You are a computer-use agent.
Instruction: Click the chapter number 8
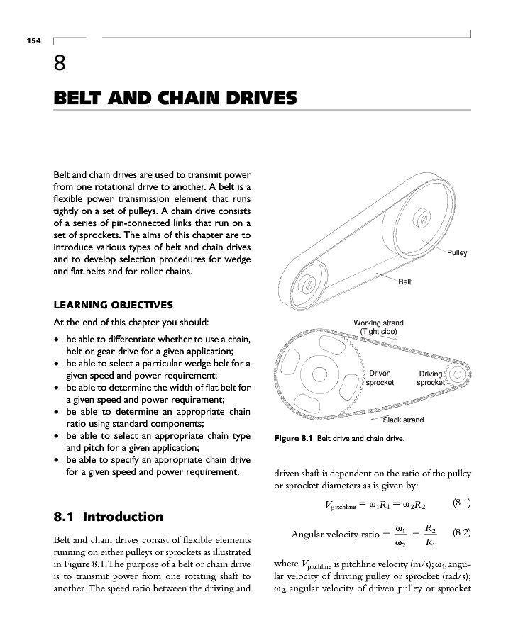point(61,65)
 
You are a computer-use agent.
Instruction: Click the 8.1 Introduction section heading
point(109,517)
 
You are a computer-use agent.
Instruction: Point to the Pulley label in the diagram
point(457,253)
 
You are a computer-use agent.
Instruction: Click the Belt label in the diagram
point(404,281)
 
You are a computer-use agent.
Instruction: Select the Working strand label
point(378,327)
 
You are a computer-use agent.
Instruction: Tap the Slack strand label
point(403,420)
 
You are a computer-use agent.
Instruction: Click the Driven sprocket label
point(379,378)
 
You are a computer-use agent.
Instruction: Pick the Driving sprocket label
point(431,378)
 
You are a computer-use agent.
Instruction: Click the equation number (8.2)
point(461,530)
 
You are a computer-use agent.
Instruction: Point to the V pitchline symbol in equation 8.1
point(339,505)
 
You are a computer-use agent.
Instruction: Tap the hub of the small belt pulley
point(309,286)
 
